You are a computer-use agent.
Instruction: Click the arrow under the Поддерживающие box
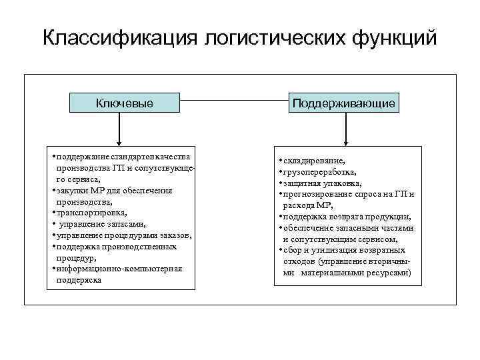pos(344,129)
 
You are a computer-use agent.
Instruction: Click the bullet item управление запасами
pos(100,224)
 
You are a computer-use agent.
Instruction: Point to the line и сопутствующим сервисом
pos(340,239)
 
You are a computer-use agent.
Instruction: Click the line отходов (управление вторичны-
pos(344,261)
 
